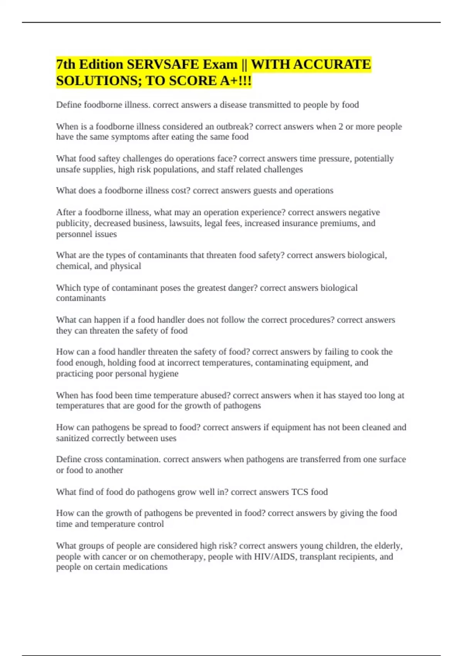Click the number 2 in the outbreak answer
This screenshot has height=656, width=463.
(x=341, y=127)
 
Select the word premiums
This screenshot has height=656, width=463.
(x=340, y=223)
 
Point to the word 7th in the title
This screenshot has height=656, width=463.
(x=65, y=64)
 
